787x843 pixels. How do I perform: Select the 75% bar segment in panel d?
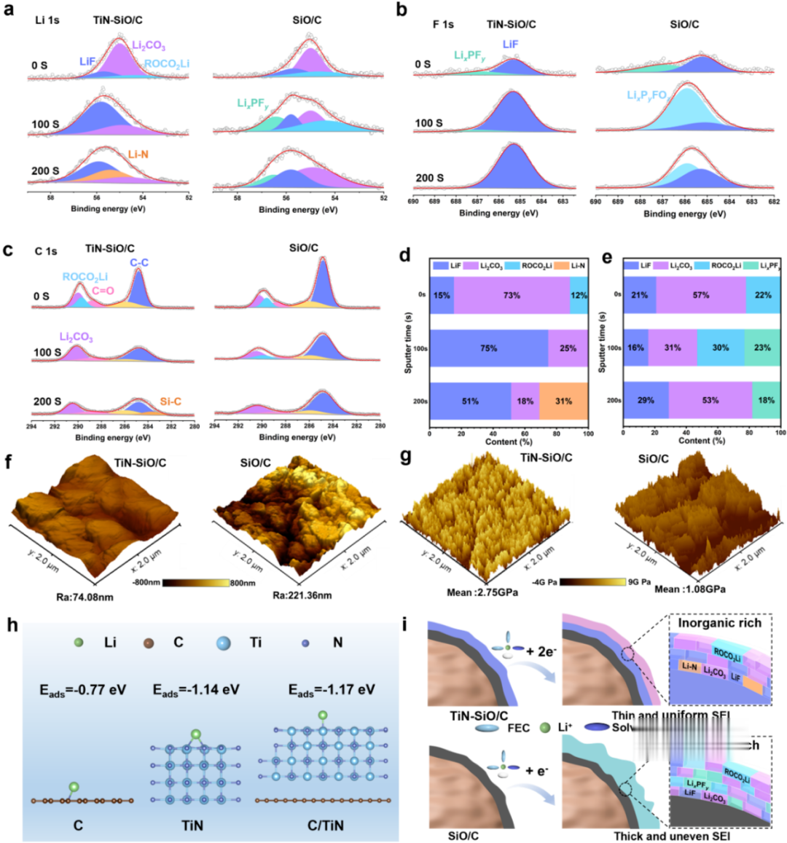(488, 348)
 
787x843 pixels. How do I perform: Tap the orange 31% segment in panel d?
(563, 401)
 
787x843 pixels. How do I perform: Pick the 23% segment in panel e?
(762, 348)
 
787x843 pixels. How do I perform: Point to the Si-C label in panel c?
(171, 401)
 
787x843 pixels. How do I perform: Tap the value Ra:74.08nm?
(85, 597)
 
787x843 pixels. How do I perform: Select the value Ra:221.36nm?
(302, 595)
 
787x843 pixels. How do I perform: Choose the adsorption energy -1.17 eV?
(332, 689)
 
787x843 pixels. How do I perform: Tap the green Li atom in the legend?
(79, 643)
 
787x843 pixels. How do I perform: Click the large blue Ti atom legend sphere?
(225, 643)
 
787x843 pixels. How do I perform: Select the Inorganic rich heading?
(719, 623)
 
